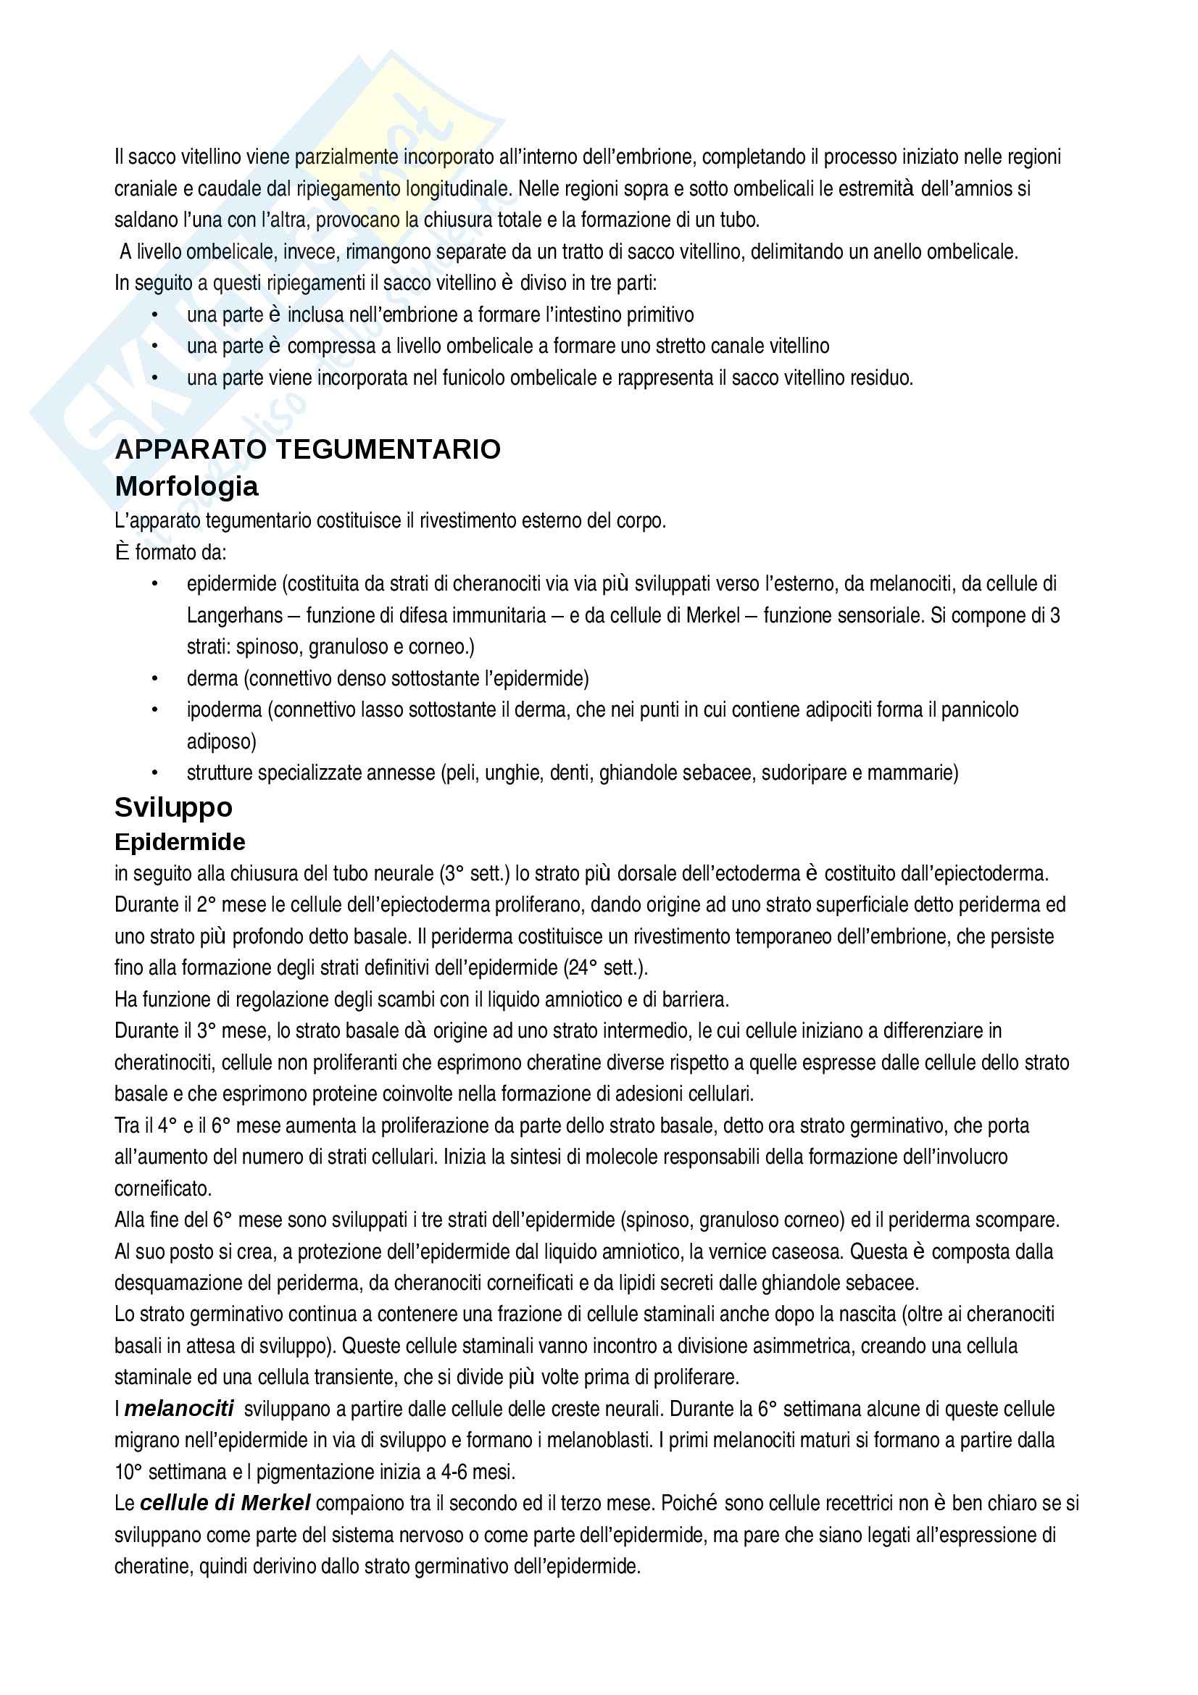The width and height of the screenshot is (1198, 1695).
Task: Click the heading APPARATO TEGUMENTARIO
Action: pos(308,449)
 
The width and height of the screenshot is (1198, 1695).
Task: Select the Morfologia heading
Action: pos(187,486)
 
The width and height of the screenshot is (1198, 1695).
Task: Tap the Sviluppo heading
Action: pos(173,807)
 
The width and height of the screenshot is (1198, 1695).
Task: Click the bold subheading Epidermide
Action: pos(180,841)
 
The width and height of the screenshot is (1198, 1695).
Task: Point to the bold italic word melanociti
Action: pos(178,1409)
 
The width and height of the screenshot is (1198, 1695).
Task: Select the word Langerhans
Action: pos(235,616)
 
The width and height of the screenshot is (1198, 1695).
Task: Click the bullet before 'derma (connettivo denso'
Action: pos(155,678)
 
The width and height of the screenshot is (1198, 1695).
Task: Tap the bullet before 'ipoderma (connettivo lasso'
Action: pos(155,710)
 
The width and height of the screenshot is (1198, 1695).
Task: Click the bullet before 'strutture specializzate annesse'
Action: pos(155,773)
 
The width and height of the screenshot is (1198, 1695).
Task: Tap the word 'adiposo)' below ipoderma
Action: pos(222,742)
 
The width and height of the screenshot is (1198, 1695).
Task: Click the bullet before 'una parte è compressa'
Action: pos(155,346)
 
